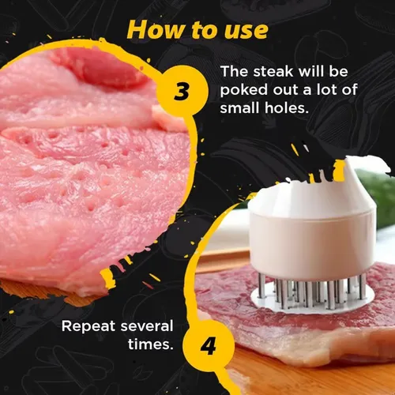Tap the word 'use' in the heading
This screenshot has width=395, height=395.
(245, 30)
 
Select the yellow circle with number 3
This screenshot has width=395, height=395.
(181, 91)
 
